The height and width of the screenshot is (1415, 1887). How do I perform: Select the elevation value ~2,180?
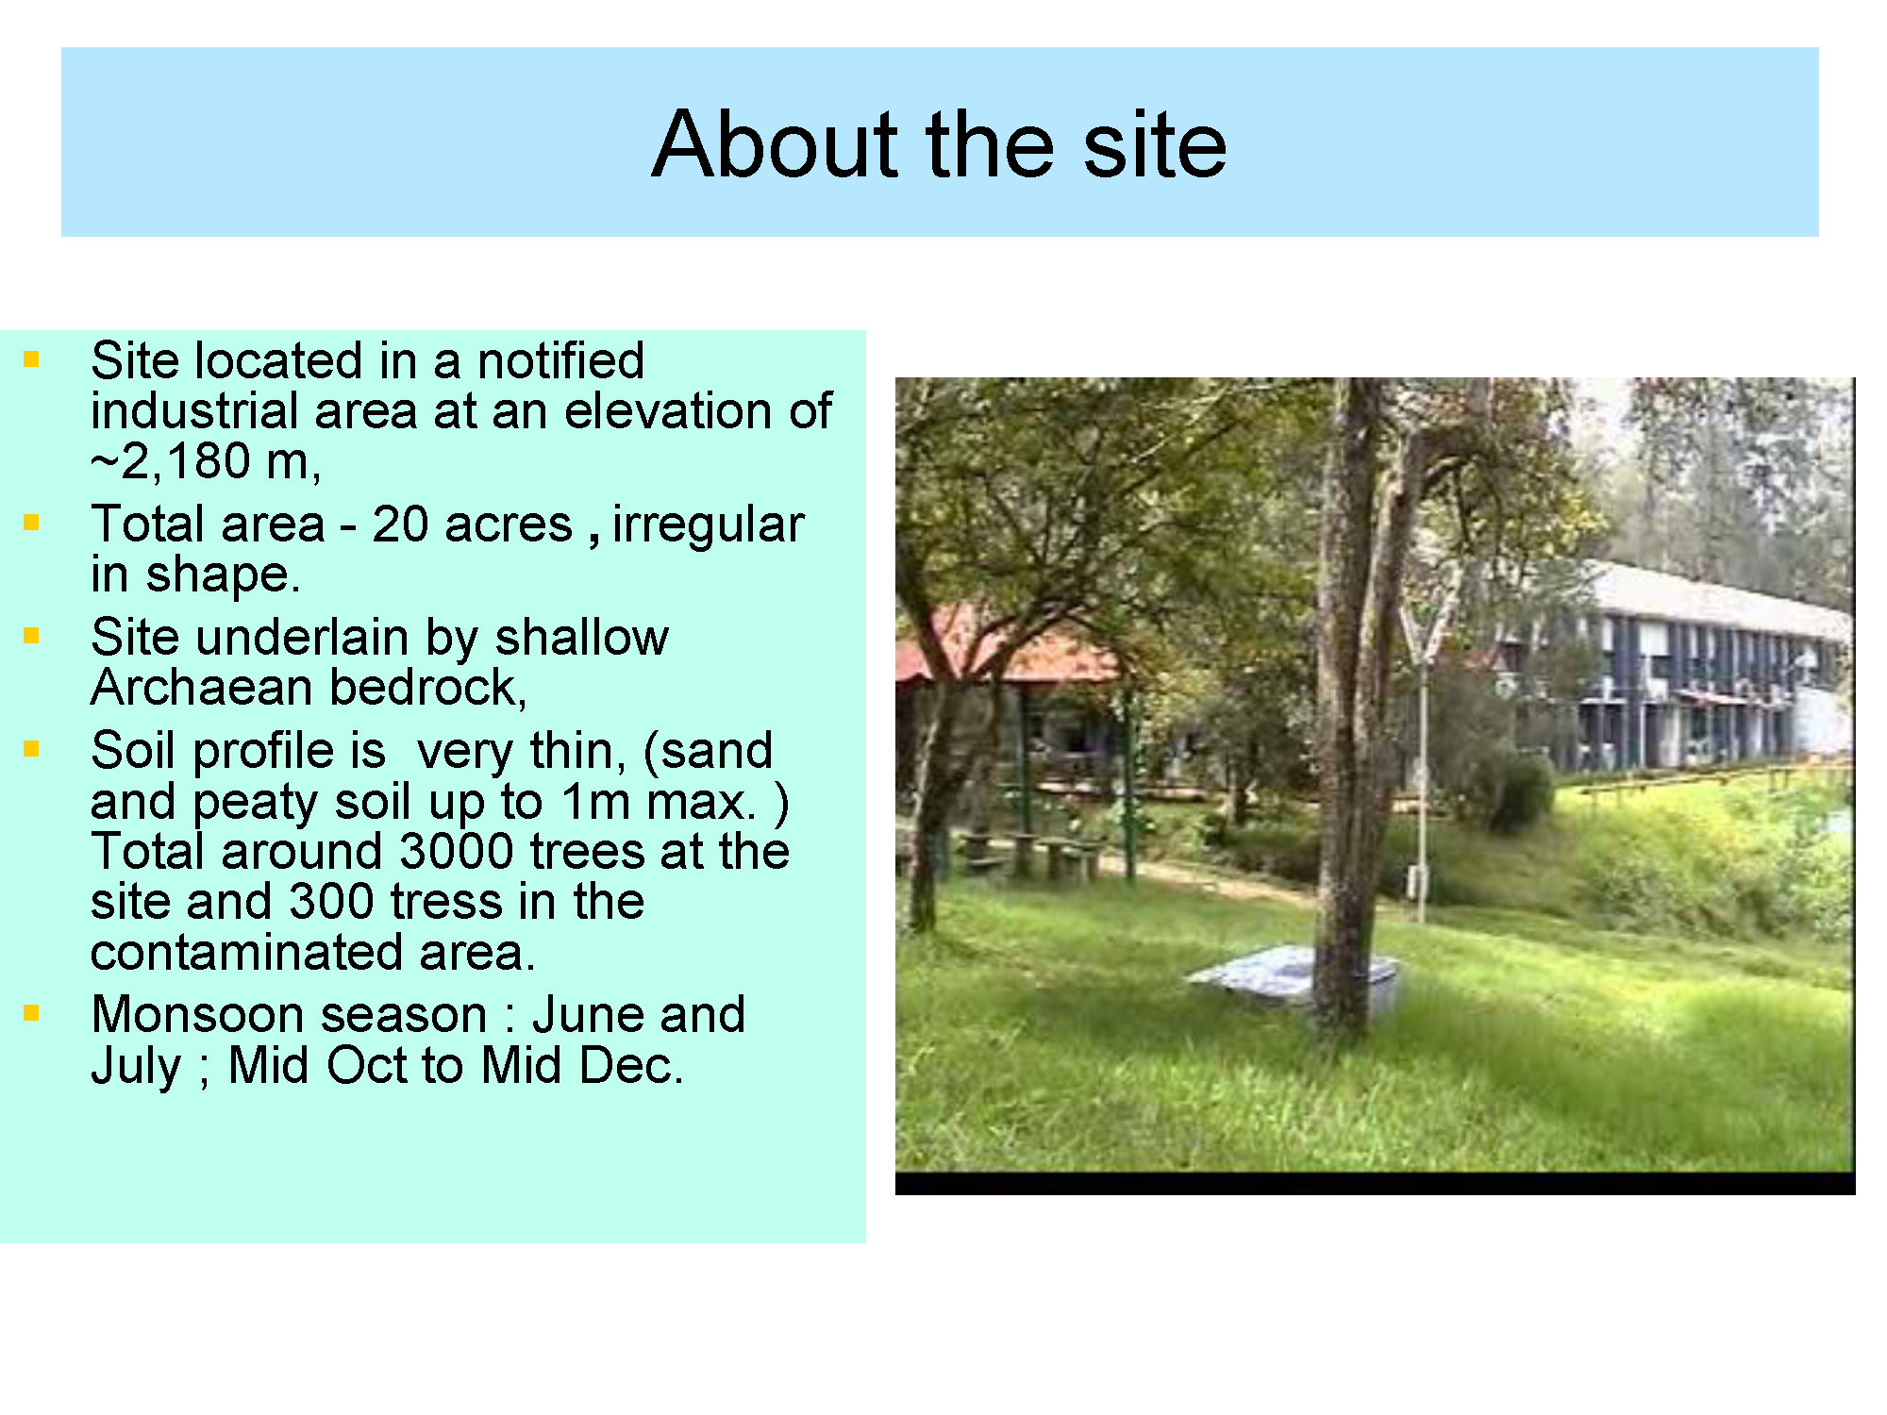171,461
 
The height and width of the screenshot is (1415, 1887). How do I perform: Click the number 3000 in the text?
457,851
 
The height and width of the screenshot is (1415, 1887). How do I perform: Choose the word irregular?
709,524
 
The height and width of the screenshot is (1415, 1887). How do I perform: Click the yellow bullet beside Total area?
32,523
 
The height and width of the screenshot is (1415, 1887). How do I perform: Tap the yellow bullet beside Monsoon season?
32,1013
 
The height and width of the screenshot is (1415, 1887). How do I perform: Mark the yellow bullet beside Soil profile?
32,749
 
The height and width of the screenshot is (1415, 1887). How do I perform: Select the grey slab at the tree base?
1293,976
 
